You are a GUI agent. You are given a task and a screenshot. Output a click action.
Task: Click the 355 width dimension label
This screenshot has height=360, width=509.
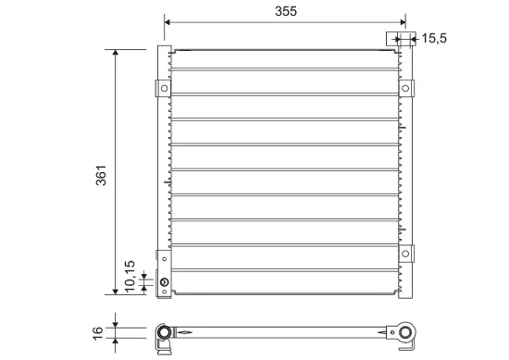pyautogui.click(x=286, y=11)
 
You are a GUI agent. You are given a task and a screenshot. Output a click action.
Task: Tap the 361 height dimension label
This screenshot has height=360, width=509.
pyautogui.click(x=101, y=175)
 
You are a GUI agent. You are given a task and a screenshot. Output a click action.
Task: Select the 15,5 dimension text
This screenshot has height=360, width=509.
pyautogui.click(x=434, y=38)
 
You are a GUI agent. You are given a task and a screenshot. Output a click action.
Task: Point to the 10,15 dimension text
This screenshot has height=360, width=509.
pyautogui.click(x=130, y=276)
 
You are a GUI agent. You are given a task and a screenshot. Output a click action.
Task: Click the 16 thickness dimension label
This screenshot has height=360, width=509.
pyautogui.click(x=98, y=333)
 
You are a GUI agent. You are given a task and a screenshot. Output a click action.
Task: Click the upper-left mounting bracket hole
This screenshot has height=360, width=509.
pyautogui.click(x=164, y=88)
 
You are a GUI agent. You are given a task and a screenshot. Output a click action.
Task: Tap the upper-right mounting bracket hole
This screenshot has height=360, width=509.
pyautogui.click(x=405, y=88)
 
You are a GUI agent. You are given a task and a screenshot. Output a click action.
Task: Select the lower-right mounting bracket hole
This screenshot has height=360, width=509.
pyautogui.click(x=405, y=254)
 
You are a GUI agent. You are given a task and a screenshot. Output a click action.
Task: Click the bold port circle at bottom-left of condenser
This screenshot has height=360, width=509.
pyautogui.click(x=165, y=282)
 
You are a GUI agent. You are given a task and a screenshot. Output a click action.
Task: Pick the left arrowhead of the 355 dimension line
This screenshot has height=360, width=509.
pyautogui.click(x=168, y=22)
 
